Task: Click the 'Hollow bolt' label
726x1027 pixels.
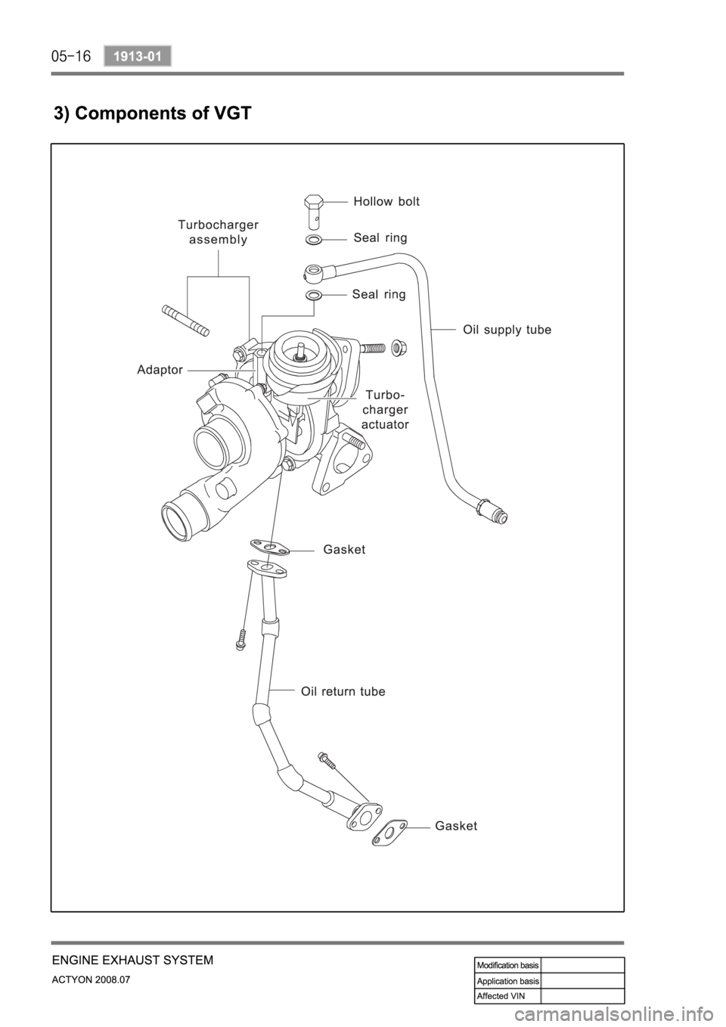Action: click(386, 201)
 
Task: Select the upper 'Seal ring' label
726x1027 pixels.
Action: click(380, 237)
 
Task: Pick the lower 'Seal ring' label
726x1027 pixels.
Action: click(378, 294)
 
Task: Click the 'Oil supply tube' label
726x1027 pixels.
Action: click(507, 330)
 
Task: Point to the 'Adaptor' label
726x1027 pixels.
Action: click(160, 370)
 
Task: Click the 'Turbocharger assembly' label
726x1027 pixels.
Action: click(218, 232)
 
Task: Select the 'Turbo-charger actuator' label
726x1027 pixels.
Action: click(385, 409)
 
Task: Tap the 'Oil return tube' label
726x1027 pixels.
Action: click(343, 691)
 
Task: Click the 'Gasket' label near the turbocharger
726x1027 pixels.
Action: click(344, 550)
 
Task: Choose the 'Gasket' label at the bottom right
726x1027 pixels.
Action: click(456, 826)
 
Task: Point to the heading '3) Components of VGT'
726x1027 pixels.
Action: click(151, 114)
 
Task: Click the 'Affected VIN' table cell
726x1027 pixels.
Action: click(507, 995)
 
